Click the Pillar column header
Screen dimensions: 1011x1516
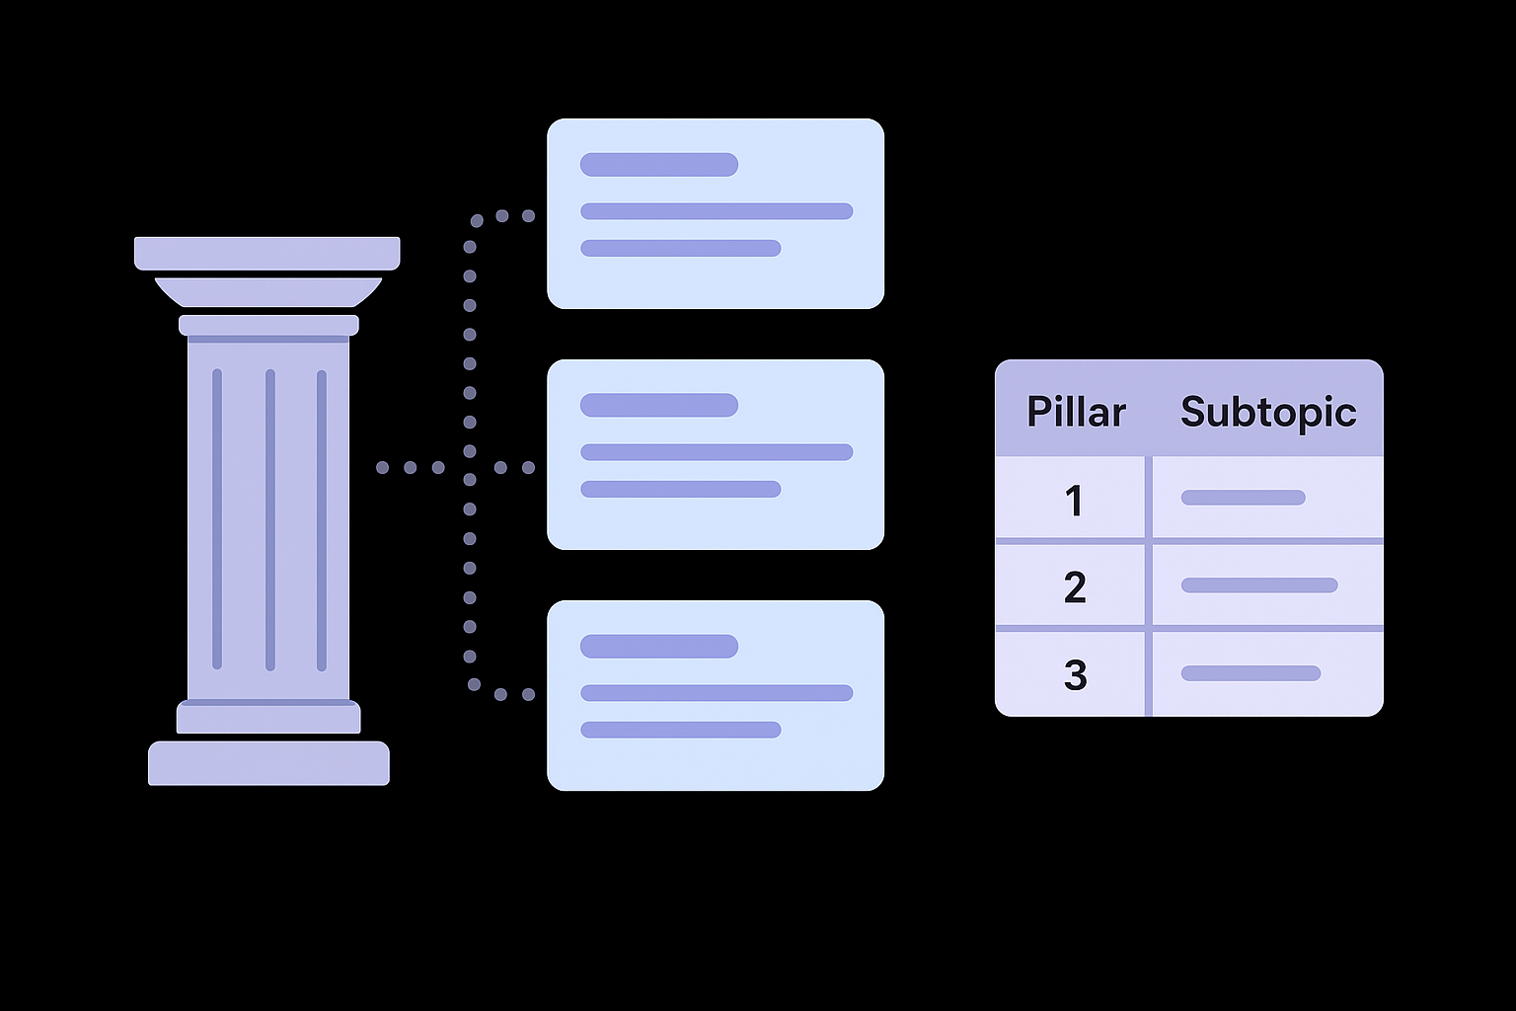pyautogui.click(x=1075, y=412)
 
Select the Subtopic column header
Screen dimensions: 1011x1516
pyautogui.click(x=1268, y=412)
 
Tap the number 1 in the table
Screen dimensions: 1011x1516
pyautogui.click(x=1075, y=501)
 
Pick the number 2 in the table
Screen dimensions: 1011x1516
pyautogui.click(x=1075, y=587)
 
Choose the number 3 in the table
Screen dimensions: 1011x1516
pyautogui.click(x=1075, y=675)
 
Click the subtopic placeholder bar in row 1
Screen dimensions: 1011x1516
pyautogui.click(x=1243, y=498)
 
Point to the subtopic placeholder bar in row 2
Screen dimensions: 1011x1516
pyautogui.click(x=1258, y=585)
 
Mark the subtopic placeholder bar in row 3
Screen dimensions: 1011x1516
pyautogui.click(x=1251, y=673)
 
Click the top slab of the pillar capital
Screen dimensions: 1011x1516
pyautogui.click(x=266, y=253)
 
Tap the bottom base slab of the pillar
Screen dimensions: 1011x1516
pyautogui.click(x=268, y=763)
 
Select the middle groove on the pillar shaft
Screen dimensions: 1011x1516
pyautogui.click(x=269, y=519)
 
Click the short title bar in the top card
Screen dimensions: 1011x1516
pyautogui.click(x=658, y=165)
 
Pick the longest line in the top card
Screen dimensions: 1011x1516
pyautogui.click(x=717, y=211)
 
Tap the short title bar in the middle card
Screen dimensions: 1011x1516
pyautogui.click(x=658, y=405)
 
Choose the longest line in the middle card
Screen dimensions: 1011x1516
pyautogui.click(x=717, y=452)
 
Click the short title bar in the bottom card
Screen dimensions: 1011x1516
pyautogui.click(x=658, y=647)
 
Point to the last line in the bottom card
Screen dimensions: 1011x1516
pyautogui.click(x=680, y=731)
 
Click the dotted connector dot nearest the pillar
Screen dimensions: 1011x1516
pyautogui.click(x=382, y=467)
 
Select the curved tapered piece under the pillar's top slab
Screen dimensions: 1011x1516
pyautogui.click(x=267, y=292)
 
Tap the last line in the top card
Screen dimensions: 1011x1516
pyautogui.click(x=680, y=248)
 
